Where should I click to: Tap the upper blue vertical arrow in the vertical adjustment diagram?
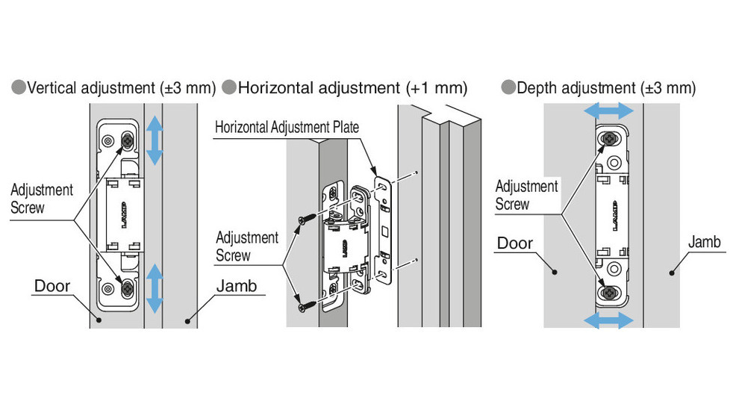155,140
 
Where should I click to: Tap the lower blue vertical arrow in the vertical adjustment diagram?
155,288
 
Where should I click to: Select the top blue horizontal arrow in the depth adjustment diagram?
608,111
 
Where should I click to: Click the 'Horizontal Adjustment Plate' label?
287,127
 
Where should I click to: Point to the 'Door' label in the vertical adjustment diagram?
52,286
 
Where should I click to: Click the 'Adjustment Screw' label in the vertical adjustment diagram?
42,199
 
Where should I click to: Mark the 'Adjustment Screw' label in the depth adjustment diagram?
526,195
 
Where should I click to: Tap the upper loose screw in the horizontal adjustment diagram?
305,220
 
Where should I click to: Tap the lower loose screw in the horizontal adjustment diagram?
305,305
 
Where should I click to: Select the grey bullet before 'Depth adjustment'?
508,88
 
